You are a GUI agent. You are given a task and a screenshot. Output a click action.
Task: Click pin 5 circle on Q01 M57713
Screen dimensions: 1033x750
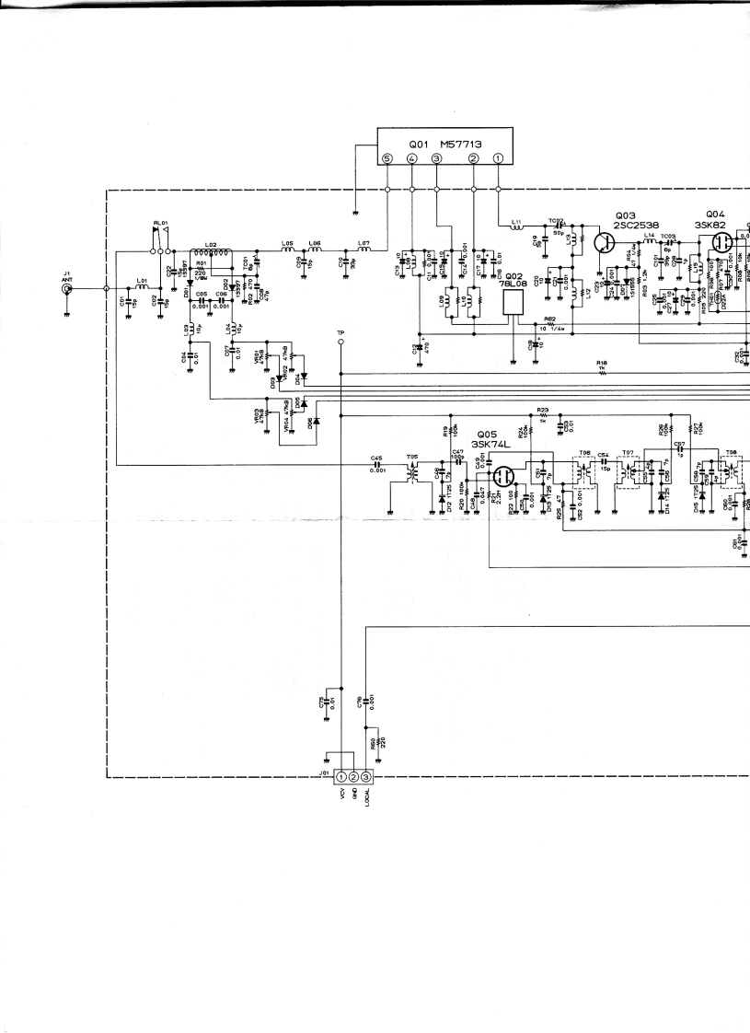click(x=387, y=158)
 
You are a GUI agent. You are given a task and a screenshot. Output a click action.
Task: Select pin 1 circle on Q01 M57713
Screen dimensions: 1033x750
click(x=498, y=158)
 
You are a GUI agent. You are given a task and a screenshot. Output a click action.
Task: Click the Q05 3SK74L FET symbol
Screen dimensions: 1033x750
click(x=503, y=477)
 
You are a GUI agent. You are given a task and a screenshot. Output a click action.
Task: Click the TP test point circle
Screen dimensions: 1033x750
click(x=341, y=341)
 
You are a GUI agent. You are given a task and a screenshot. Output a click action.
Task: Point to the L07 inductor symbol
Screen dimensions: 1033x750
click(x=363, y=249)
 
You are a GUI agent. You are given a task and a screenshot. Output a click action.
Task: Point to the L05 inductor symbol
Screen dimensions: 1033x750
click(x=287, y=249)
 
